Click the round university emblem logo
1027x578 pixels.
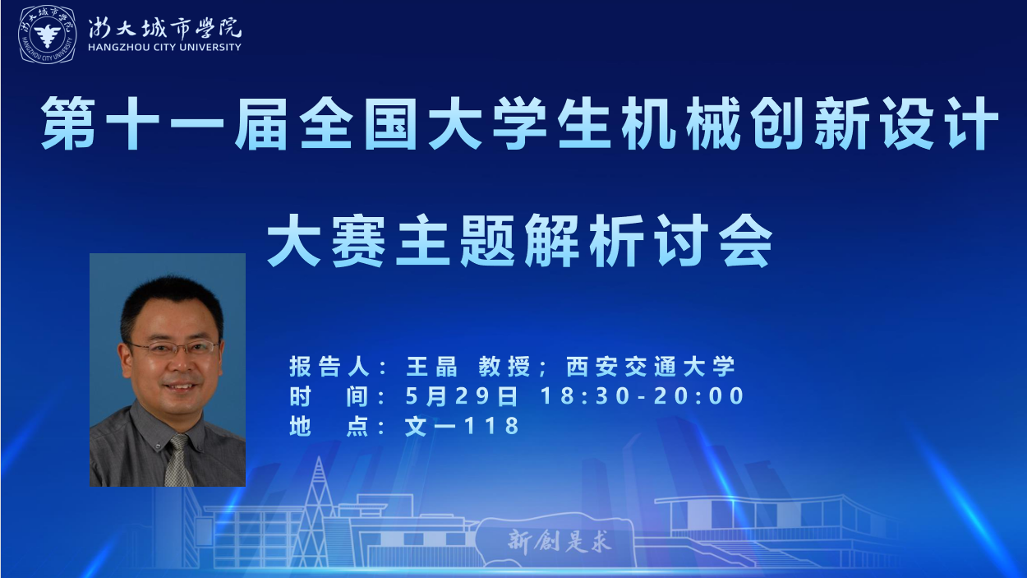47,35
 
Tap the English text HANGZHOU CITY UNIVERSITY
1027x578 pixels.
164,47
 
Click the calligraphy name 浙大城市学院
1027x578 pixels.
164,27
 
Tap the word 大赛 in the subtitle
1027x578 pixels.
326,240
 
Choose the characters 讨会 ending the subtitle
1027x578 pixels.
713,240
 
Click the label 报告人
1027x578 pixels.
329,367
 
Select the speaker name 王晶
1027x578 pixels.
432,367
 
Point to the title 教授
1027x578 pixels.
504,367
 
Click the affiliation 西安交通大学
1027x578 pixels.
651,367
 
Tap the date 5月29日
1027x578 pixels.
461,395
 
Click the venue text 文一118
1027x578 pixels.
462,426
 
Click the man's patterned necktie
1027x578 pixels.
178,460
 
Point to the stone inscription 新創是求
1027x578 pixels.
560,541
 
